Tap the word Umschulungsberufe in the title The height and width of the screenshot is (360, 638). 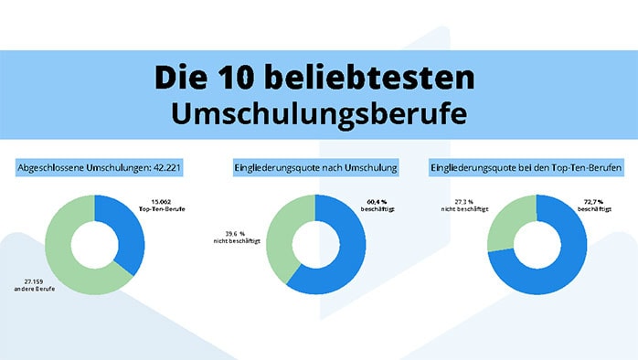click(x=318, y=113)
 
